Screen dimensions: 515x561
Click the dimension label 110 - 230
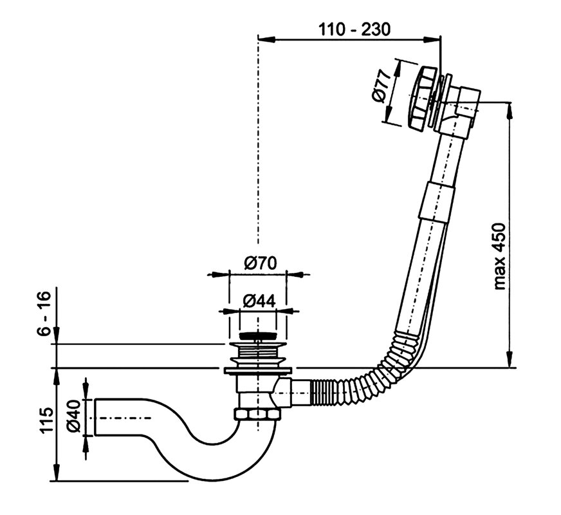[354, 29]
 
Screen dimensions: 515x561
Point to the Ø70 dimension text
[260, 263]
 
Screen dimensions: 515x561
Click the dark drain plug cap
[259, 335]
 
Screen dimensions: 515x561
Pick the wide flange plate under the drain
[258, 370]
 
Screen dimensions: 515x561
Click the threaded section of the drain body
[258, 353]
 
